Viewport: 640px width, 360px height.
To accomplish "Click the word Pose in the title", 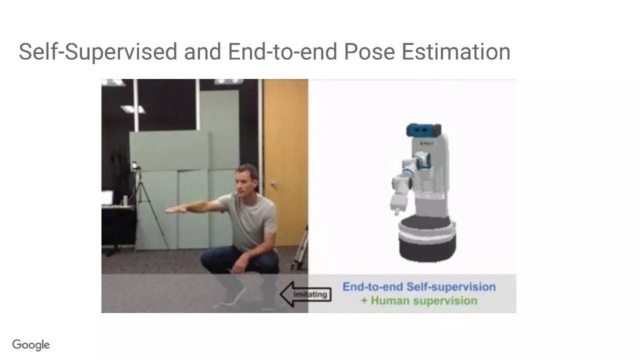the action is [x=369, y=51].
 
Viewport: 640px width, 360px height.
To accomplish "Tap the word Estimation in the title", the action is [x=456, y=51].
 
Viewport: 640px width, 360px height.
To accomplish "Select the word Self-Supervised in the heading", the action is [x=98, y=52].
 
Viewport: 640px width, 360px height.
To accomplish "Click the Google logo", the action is [x=31, y=345].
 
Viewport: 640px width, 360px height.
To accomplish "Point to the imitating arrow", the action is [x=305, y=294].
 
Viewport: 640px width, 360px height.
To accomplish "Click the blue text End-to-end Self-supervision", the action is [x=419, y=287].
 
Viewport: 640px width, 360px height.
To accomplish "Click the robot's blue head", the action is [x=423, y=130].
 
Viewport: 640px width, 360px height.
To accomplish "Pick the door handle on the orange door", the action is [x=272, y=184].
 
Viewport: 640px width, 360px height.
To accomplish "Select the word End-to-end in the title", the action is [x=282, y=51].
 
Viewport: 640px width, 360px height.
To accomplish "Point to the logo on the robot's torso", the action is [x=427, y=143].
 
